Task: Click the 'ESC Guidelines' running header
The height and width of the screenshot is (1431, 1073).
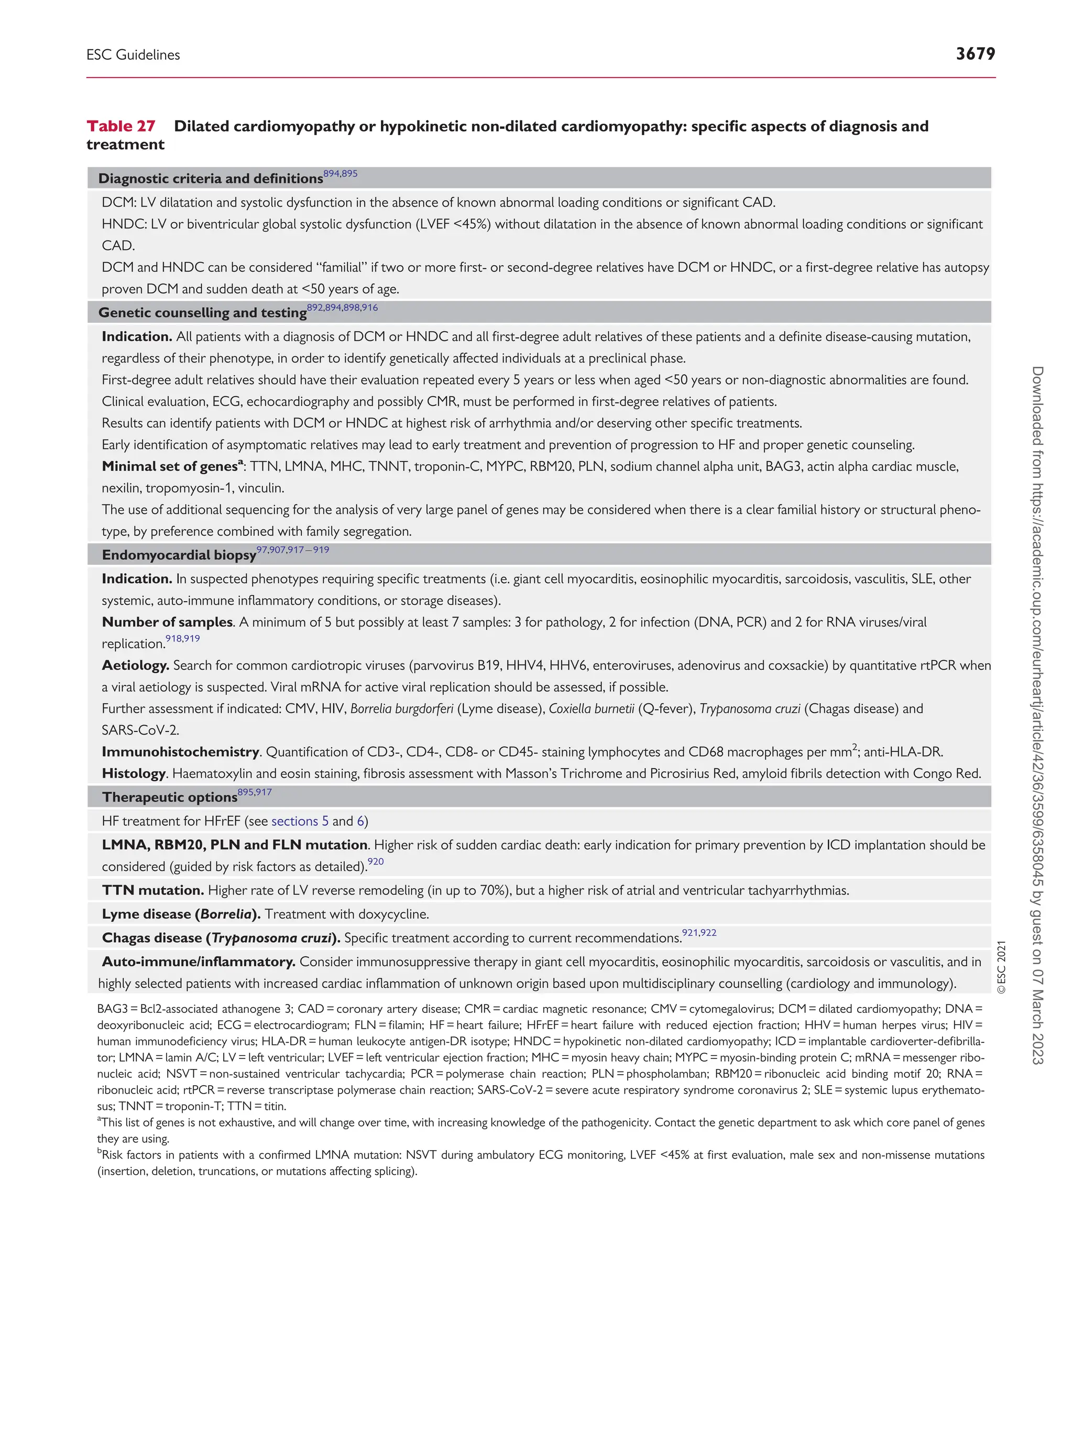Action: tap(133, 55)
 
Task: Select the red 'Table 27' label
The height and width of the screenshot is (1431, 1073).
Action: tap(121, 126)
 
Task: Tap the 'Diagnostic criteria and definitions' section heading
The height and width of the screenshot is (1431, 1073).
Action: tap(210, 179)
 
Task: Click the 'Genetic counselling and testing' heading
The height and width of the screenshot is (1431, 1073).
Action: tap(202, 313)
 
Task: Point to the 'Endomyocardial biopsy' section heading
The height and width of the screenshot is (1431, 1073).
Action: tap(179, 555)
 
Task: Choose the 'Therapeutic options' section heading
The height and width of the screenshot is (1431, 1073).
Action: tap(169, 797)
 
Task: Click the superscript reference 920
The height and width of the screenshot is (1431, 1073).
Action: tap(375, 862)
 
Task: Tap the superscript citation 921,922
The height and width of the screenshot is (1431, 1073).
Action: tap(698, 933)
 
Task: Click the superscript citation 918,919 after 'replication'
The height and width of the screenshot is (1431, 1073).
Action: tap(182, 639)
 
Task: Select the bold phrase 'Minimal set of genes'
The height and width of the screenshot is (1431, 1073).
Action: tap(169, 466)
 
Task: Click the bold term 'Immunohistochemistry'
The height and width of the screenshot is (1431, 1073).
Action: tap(180, 752)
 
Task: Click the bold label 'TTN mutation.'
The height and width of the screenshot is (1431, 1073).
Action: tap(152, 890)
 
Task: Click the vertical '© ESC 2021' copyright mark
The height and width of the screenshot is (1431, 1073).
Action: tap(1001, 967)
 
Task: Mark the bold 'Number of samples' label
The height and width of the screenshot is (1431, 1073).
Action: tap(167, 622)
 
